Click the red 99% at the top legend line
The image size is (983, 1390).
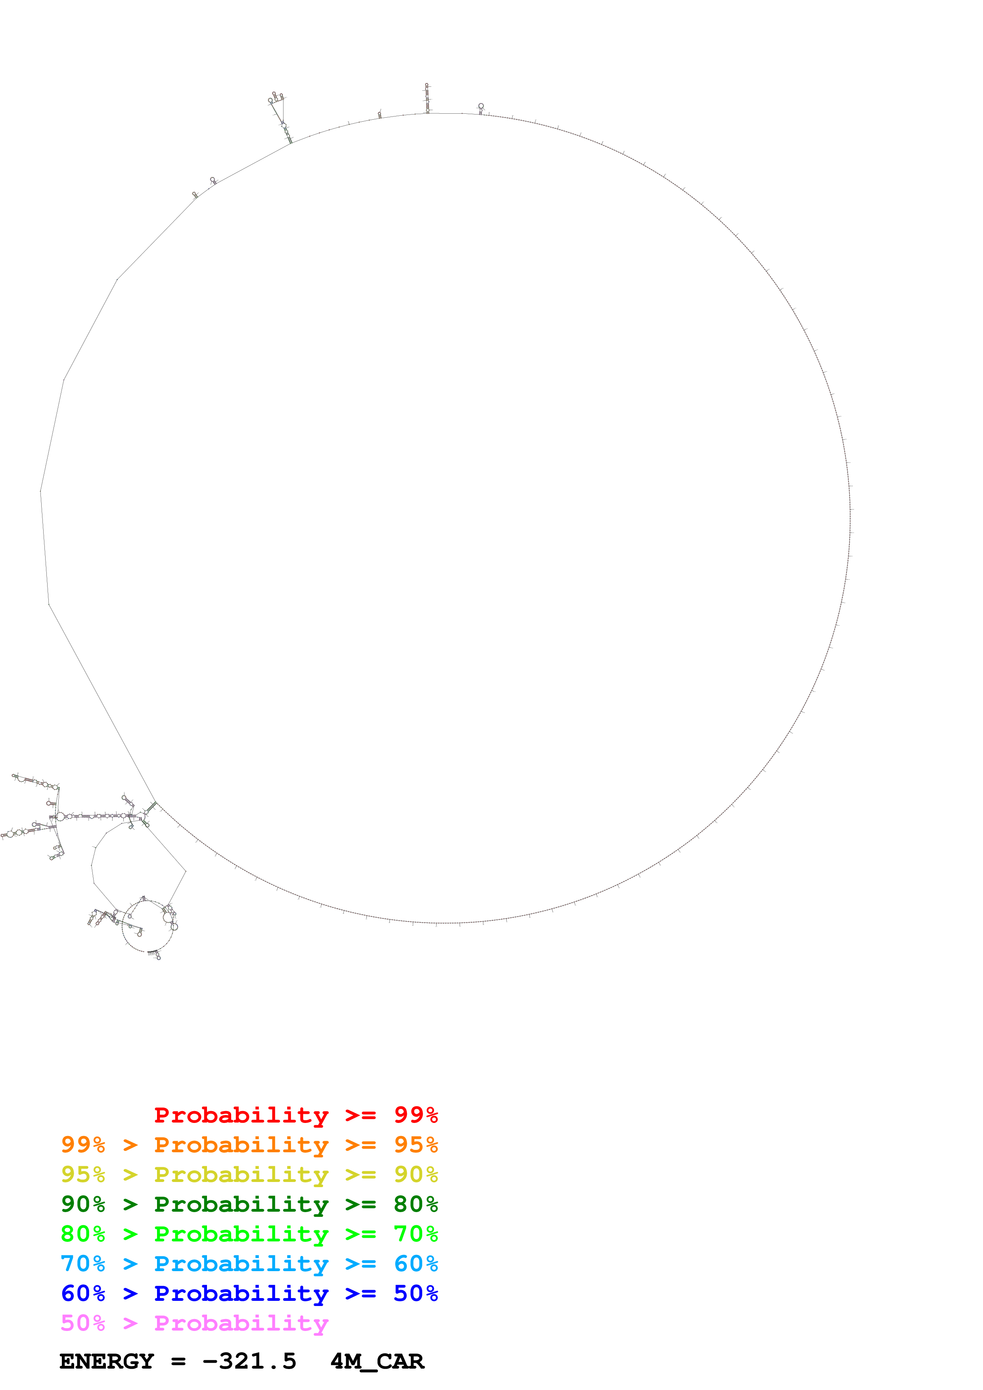416,1115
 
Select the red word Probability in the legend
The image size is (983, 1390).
241,1115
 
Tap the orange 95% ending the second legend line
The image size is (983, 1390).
416,1145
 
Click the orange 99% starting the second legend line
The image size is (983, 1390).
83,1145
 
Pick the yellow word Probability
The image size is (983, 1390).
241,1174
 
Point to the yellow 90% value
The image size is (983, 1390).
416,1174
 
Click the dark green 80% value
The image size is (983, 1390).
416,1204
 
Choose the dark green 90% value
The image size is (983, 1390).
83,1204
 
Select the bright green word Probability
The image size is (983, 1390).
241,1234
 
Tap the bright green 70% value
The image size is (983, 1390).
416,1234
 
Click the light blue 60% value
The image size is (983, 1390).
416,1264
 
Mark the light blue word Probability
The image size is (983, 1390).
241,1264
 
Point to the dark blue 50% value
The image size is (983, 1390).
416,1293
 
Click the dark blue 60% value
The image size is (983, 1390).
83,1293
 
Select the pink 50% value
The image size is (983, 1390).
83,1323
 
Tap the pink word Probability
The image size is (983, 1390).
241,1323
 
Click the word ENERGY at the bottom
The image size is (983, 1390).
107,1361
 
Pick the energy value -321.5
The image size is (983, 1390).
249,1361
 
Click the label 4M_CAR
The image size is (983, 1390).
377,1361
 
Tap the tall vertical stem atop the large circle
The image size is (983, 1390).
427,98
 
